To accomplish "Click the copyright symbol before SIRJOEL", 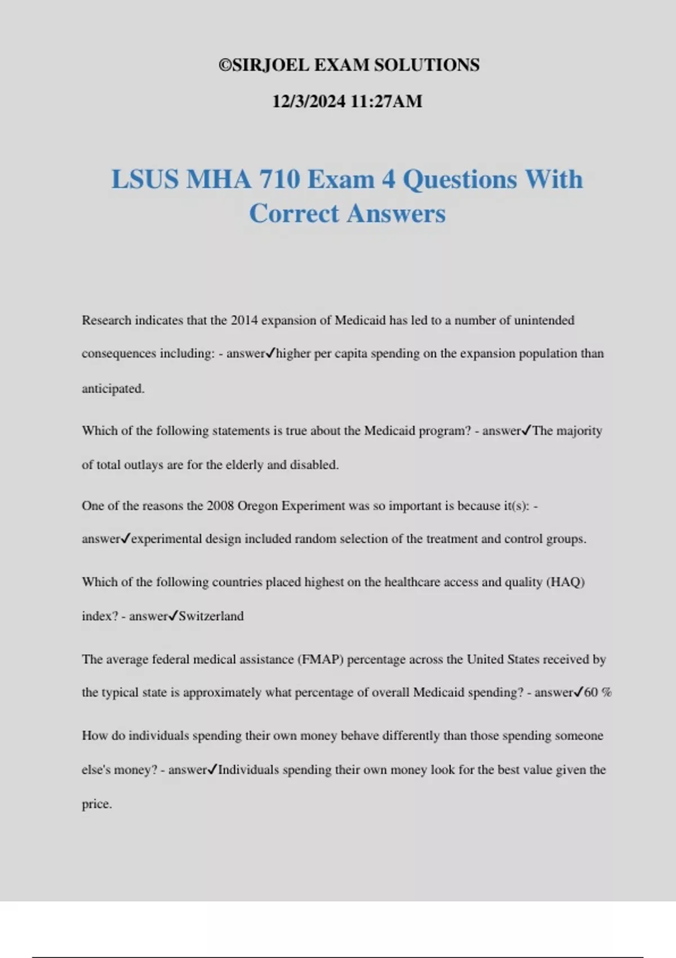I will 225,65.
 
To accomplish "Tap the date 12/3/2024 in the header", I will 308,101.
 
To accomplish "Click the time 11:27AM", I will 386,101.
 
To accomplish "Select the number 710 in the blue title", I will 279,180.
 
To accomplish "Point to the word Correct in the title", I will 293,214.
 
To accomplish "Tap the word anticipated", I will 113,388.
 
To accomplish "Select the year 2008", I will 220,505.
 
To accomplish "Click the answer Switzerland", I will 211,616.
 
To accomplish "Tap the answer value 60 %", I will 598,693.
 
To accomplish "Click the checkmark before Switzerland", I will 174,615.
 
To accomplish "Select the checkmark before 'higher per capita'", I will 270,353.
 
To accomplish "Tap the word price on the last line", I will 96,804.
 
